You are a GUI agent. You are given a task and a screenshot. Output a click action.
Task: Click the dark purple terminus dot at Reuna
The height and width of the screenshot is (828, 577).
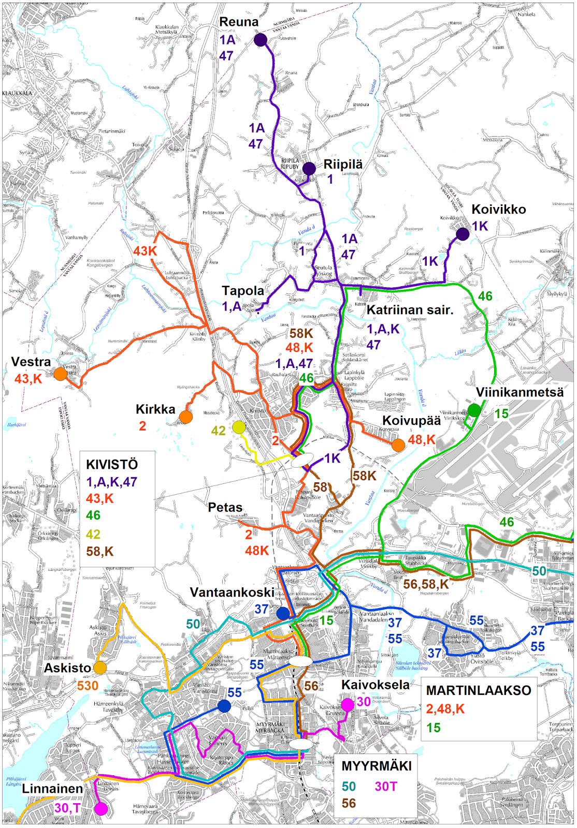point(261,39)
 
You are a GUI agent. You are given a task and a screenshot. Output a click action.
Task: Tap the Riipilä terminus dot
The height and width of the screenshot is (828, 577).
point(309,168)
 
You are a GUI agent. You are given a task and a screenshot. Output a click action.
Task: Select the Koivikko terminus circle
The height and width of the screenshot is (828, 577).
point(463,234)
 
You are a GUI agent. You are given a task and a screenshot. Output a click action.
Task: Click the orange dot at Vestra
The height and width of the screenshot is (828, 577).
point(61,374)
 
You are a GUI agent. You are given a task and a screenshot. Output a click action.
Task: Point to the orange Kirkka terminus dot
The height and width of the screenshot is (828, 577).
point(185,417)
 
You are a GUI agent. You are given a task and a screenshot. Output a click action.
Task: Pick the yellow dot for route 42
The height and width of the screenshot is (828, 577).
point(239,427)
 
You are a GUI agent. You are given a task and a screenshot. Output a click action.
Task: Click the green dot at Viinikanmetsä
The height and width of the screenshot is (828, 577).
point(474,410)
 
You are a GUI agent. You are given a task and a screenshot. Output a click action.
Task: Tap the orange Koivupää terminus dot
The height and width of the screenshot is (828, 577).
point(398,445)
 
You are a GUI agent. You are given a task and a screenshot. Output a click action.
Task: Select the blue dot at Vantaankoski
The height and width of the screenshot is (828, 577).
point(283,613)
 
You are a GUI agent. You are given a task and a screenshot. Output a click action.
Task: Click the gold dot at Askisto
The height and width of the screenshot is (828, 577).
point(100,668)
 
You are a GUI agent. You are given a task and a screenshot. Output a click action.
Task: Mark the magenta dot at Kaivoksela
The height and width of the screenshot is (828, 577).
point(348,704)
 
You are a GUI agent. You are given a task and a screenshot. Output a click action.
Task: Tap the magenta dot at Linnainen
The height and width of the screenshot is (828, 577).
point(101,809)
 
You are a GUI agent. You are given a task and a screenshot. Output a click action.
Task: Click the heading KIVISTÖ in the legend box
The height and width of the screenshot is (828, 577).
point(112,464)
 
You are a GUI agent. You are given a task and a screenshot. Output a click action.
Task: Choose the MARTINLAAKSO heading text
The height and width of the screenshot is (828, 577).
point(478,690)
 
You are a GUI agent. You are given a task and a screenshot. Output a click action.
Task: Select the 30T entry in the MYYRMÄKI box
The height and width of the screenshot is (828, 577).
point(385,787)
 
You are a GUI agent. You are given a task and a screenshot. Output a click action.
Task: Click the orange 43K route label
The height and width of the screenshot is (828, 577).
point(145,251)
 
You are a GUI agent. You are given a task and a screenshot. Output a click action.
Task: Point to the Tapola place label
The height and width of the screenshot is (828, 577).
point(243,291)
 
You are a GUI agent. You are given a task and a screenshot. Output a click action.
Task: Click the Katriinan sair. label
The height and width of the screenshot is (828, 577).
point(410,310)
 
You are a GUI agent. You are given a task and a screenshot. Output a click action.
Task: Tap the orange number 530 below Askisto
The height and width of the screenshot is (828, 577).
point(88,686)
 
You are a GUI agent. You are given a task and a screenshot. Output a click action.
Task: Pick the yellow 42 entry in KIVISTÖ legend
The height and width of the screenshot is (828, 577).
point(93,534)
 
